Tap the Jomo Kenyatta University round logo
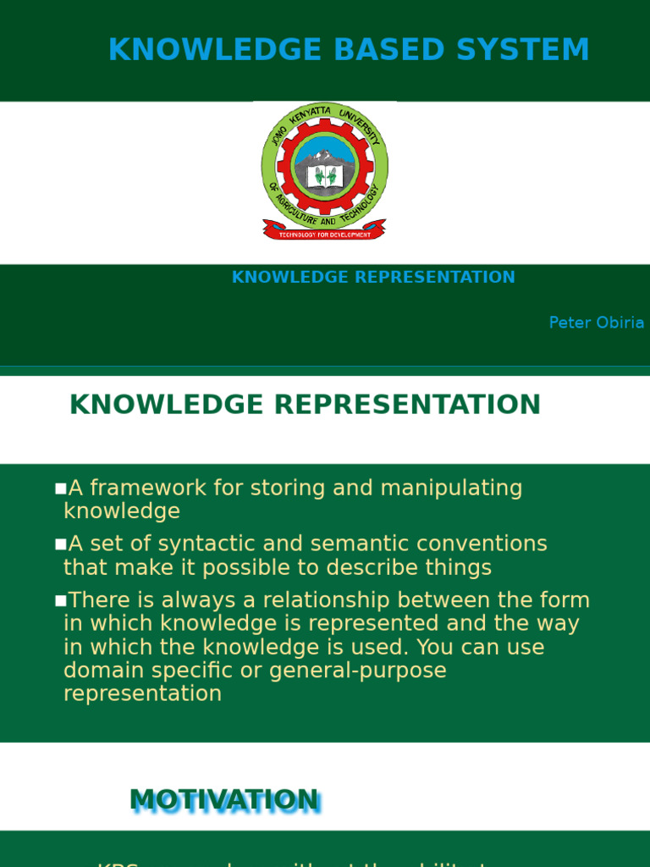point(324,165)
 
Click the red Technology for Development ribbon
point(324,230)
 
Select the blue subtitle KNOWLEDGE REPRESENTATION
point(373,278)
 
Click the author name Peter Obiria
point(596,323)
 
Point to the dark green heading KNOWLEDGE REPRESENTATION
point(305,405)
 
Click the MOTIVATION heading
point(224,800)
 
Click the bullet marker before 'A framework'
point(60,489)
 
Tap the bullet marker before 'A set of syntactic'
point(60,544)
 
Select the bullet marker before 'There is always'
point(60,601)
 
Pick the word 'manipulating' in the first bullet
point(451,489)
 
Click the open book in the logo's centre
point(325,176)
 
